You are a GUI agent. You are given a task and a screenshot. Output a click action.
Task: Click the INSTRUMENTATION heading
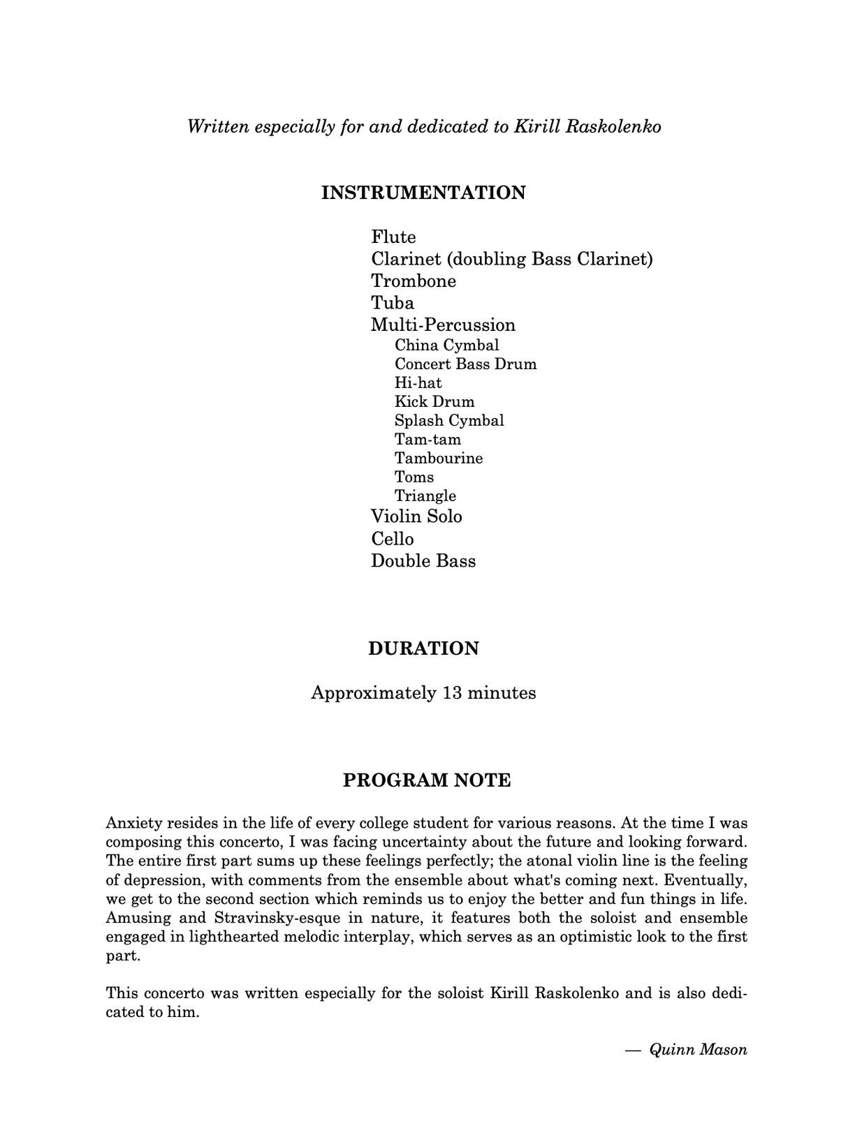423,193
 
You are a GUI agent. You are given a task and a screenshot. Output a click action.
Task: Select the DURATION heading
423,648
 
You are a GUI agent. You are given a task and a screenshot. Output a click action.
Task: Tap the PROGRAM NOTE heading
427,780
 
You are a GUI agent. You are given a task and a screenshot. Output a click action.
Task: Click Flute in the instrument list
393,237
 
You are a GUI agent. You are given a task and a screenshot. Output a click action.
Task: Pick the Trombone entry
414,281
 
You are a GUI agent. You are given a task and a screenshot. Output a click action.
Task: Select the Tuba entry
393,303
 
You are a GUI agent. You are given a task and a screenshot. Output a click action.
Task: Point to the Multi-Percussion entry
443,325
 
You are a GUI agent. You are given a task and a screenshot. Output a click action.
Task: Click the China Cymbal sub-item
446,345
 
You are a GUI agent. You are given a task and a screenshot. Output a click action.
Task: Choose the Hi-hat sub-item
418,383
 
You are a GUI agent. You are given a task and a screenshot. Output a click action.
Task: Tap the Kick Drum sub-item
434,402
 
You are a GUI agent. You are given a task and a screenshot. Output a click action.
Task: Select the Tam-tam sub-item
427,440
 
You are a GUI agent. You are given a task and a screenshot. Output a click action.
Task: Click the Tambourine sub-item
438,459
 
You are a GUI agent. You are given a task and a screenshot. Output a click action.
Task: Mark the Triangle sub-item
425,496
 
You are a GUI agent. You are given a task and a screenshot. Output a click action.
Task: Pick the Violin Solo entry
416,516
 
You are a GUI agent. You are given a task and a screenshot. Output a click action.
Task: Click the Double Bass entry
423,561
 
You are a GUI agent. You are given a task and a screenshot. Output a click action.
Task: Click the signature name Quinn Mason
698,1049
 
